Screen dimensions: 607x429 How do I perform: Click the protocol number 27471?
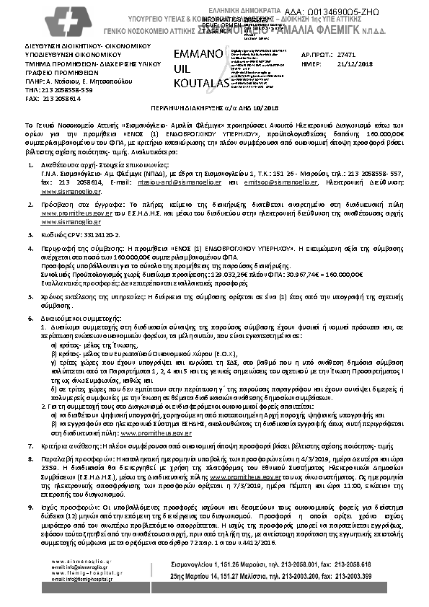pos(347,54)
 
